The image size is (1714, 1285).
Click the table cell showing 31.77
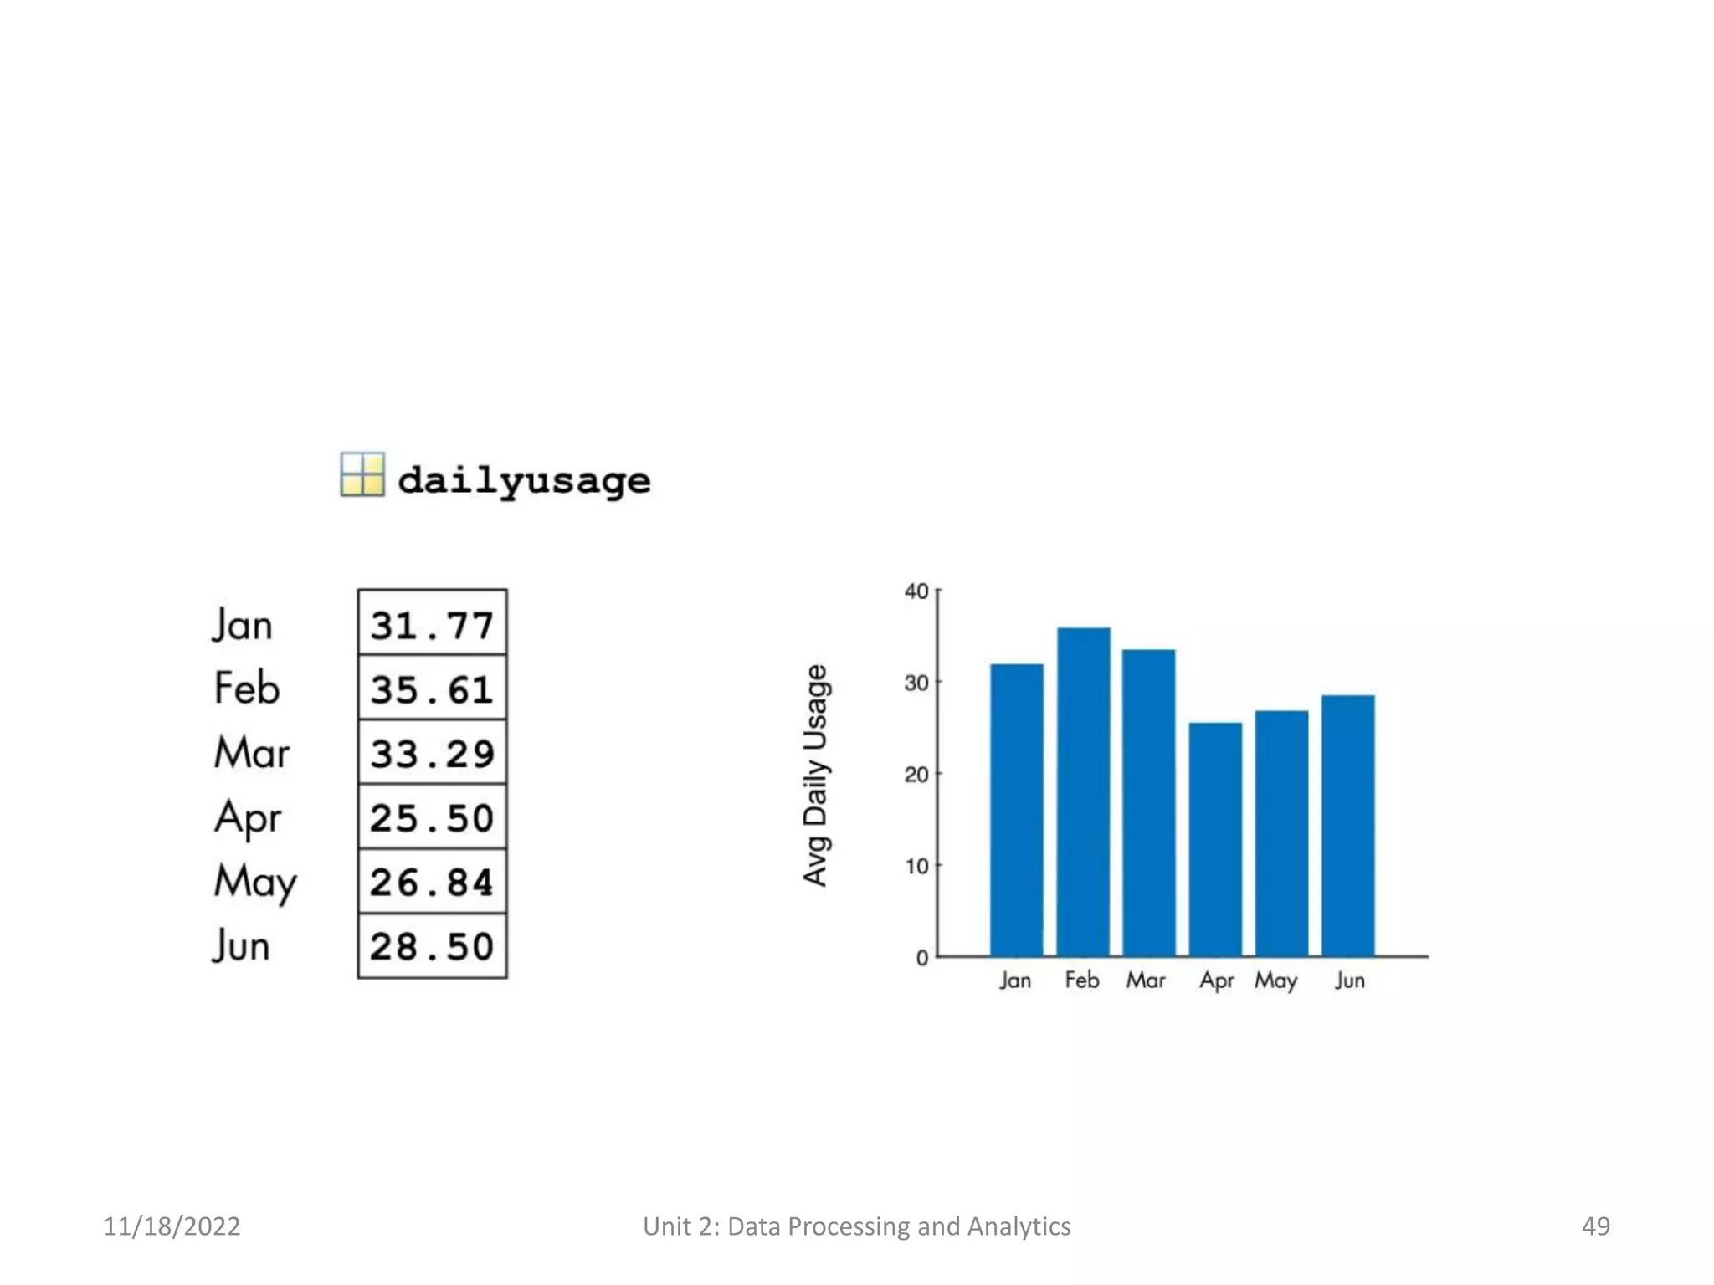[432, 624]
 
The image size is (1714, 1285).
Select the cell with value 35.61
[432, 689]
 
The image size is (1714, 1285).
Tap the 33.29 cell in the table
[432, 753]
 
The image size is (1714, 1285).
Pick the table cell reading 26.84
[432, 882]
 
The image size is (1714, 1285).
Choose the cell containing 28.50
[432, 946]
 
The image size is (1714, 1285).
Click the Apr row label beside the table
[248, 817]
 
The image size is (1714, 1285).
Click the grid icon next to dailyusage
[362, 474]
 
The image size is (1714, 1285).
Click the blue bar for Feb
[1083, 791]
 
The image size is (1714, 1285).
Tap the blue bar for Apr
[1215, 839]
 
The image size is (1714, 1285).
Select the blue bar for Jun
[1347, 825]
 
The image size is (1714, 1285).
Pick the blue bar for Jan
[1017, 810]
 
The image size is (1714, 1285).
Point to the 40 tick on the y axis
[916, 591]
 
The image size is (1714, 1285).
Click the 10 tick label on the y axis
[916, 866]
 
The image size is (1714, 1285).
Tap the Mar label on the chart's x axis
[1145, 980]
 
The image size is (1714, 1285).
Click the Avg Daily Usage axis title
[815, 775]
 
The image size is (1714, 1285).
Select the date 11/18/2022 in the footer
[172, 1226]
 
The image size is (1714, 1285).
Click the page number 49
[1595, 1226]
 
